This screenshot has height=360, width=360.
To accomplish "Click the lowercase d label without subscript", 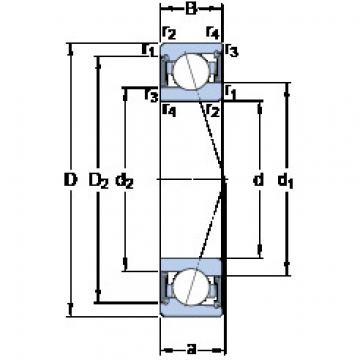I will (258, 182).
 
